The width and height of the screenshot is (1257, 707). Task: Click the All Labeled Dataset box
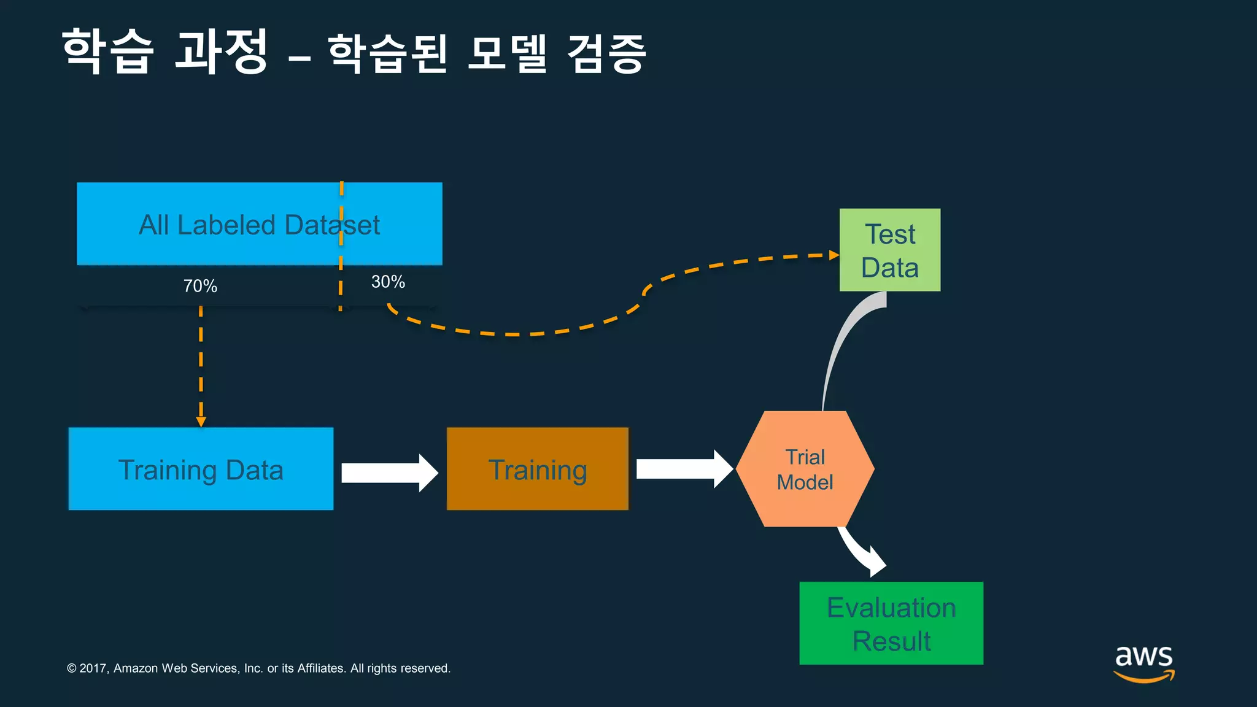pyautogui.click(x=259, y=224)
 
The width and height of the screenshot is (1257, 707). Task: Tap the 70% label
pyautogui.click(x=200, y=286)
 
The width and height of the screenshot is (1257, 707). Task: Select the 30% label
pyautogui.click(x=388, y=282)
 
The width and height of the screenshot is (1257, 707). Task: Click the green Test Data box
pyautogui.click(x=889, y=250)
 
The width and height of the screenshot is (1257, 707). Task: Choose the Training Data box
pyautogui.click(x=201, y=469)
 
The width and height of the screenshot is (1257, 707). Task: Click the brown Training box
pyautogui.click(x=537, y=469)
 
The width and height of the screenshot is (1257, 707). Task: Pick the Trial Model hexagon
pyautogui.click(x=805, y=469)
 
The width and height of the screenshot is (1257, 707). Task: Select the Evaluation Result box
pyautogui.click(x=891, y=623)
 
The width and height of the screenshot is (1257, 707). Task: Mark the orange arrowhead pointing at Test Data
pyautogui.click(x=834, y=255)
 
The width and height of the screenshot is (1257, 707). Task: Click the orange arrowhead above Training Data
pyautogui.click(x=201, y=422)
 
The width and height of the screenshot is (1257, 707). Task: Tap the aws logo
pyautogui.click(x=1143, y=663)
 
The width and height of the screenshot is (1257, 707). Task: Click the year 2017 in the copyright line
pyautogui.click(x=93, y=668)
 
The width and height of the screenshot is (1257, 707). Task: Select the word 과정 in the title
pyautogui.click(x=221, y=52)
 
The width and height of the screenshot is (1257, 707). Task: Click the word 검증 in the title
pyautogui.click(x=606, y=54)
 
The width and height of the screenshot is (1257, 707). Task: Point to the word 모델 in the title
pyautogui.click(x=506, y=54)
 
